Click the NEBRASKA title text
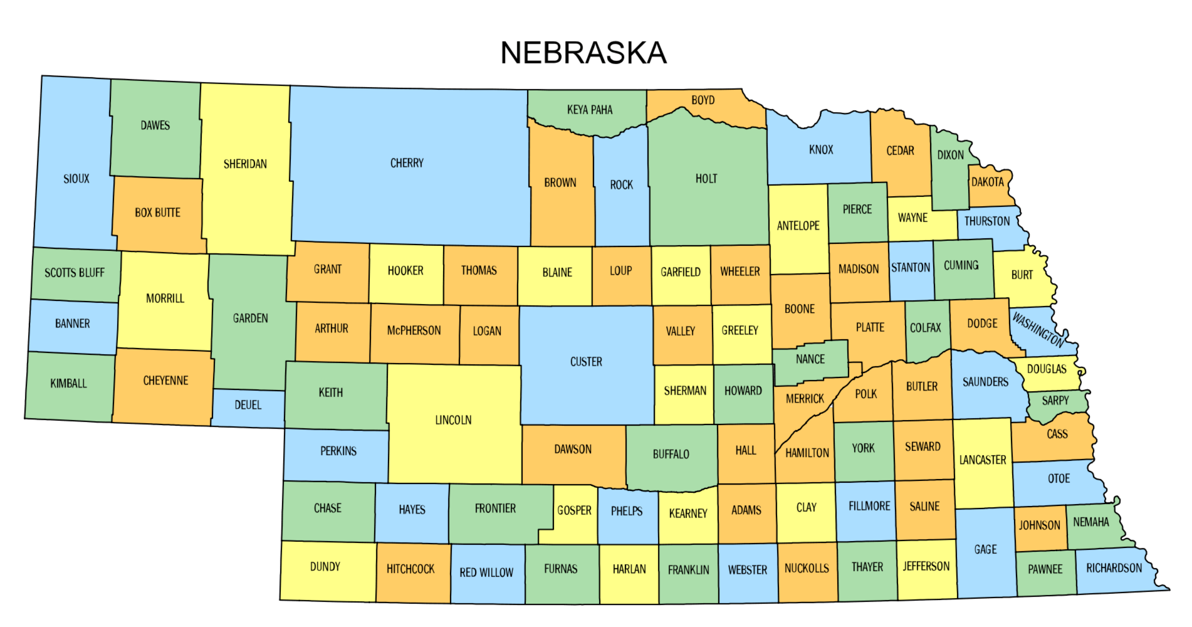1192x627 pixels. click(x=583, y=53)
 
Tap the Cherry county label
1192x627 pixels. click(x=407, y=163)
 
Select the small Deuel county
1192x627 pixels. click(x=248, y=405)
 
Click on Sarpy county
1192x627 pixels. click(x=1055, y=401)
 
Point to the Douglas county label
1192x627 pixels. click(x=1047, y=369)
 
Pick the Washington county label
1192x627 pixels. click(x=1038, y=330)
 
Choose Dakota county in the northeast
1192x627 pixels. click(x=988, y=182)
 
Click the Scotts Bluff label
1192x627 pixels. click(x=75, y=273)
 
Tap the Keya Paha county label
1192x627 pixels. click(x=590, y=110)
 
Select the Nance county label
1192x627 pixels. click(x=810, y=359)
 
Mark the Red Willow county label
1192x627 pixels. click(x=486, y=572)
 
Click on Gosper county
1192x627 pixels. click(x=574, y=510)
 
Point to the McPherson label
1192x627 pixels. click(x=414, y=330)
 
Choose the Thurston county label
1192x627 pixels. click(x=987, y=221)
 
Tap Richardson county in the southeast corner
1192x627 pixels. click(x=1114, y=568)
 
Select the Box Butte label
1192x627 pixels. click(x=157, y=213)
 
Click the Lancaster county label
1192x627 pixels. click(x=983, y=460)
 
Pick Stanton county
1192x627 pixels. click(x=911, y=268)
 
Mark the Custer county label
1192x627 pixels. click(x=586, y=362)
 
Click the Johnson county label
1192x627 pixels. click(x=1039, y=525)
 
